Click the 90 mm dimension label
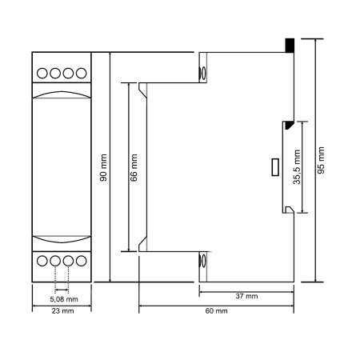click(x=103, y=168)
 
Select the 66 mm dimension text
click(x=134, y=168)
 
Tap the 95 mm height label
click(x=321, y=160)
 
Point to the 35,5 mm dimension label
click(x=297, y=167)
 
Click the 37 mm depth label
click(x=246, y=296)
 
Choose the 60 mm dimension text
click(x=216, y=310)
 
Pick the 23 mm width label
click(x=62, y=311)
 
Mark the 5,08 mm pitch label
click(x=64, y=299)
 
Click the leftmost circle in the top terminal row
click(x=42, y=73)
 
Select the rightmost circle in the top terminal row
click(x=82, y=73)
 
